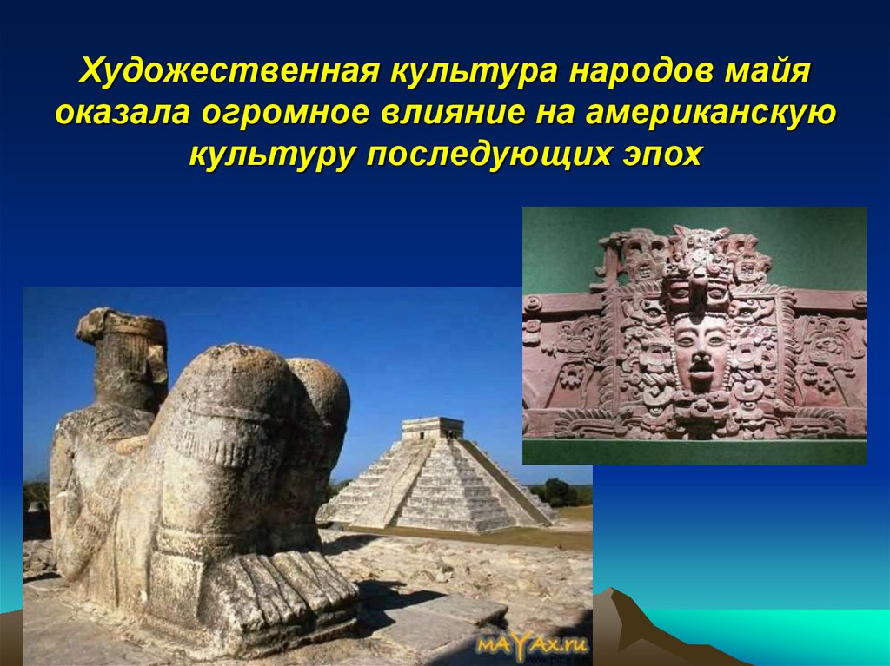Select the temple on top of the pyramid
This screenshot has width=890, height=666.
point(432,426)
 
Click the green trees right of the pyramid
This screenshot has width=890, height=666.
point(557,492)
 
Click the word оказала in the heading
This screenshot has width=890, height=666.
point(122,114)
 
